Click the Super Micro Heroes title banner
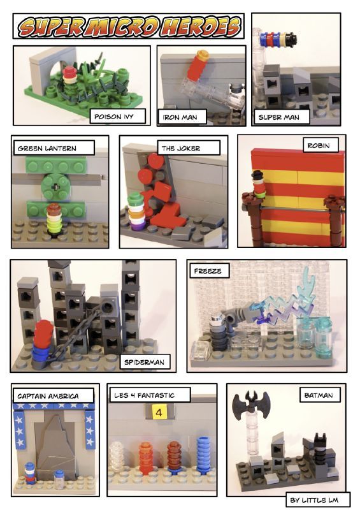pyautogui.click(x=129, y=26)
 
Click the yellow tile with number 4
pyautogui.click(x=159, y=412)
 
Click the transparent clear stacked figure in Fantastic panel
pyautogui.click(x=117, y=456)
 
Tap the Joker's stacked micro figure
pyautogui.click(x=136, y=212)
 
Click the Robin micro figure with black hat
pyautogui.click(x=258, y=184)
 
